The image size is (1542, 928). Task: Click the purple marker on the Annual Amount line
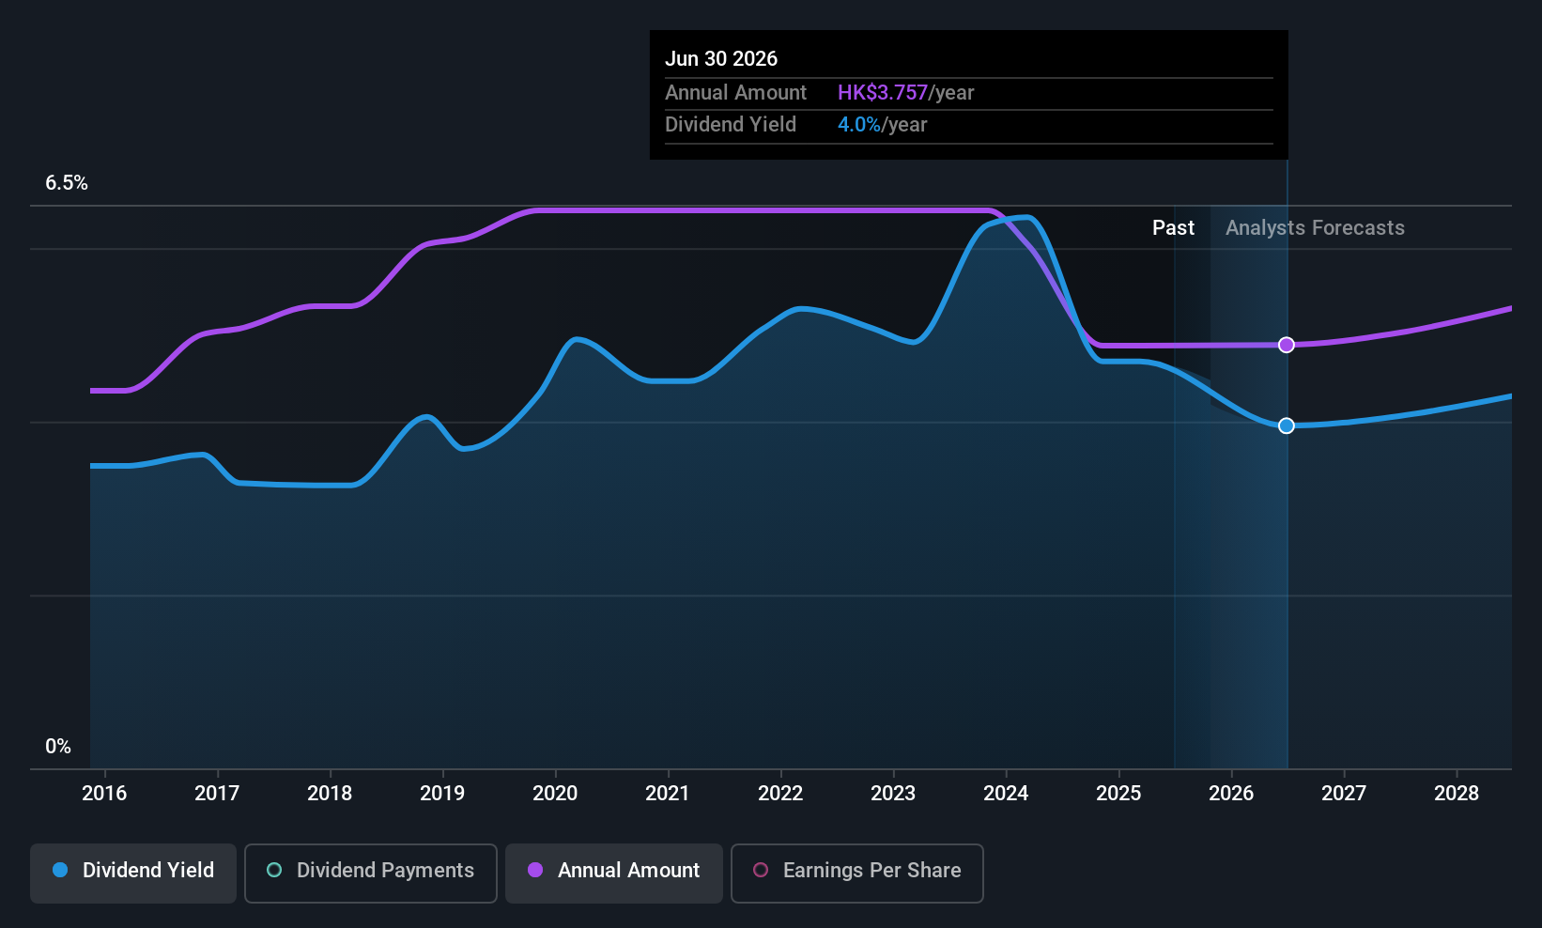1287,345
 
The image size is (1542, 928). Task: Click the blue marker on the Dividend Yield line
1287,425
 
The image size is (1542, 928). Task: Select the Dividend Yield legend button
133,871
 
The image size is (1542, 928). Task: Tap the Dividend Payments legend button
370,871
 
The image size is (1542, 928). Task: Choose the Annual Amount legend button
614,871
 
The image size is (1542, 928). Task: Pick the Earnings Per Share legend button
856,871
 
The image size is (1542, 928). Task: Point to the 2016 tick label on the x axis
104,794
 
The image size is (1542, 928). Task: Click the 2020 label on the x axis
555,794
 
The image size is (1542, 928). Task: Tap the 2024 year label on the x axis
1006,794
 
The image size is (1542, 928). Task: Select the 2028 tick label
1457,794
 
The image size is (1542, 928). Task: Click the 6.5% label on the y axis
67,183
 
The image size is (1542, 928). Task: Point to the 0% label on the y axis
58,747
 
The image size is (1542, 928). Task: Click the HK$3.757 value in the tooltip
882,93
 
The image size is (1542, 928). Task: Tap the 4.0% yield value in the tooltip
858,125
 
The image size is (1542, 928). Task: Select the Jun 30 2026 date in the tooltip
721,59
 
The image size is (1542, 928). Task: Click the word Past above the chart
1173,228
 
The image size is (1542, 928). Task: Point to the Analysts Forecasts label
1315,228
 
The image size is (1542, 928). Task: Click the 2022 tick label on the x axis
780,794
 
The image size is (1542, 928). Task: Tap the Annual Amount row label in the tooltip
735,93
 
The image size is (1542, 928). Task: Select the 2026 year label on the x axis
1231,794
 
